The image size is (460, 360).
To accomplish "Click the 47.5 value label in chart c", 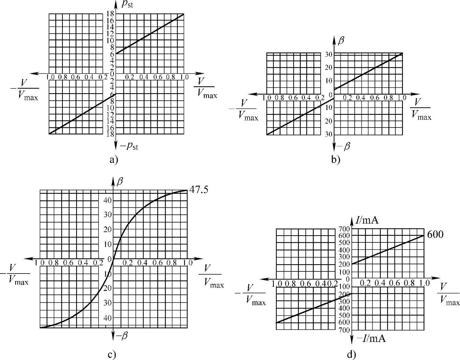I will [x=199, y=190].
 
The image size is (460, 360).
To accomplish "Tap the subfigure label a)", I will [x=113, y=160].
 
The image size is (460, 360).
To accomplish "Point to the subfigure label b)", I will [x=336, y=160].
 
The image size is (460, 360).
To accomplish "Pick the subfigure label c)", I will [x=112, y=354].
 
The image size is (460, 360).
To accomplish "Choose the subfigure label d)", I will [x=351, y=354].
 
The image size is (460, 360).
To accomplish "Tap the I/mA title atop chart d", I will [x=367, y=221].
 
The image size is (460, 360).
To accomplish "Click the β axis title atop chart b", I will [x=341, y=41].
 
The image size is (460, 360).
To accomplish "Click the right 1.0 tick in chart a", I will [x=184, y=77].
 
